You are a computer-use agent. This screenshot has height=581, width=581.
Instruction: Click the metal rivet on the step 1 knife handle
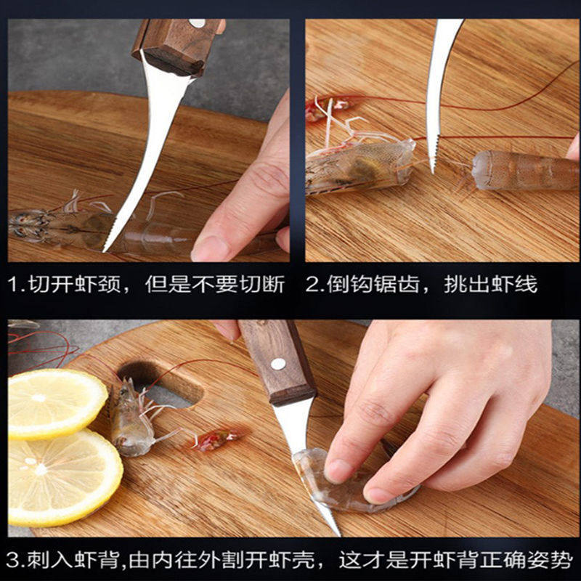point(197,23)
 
